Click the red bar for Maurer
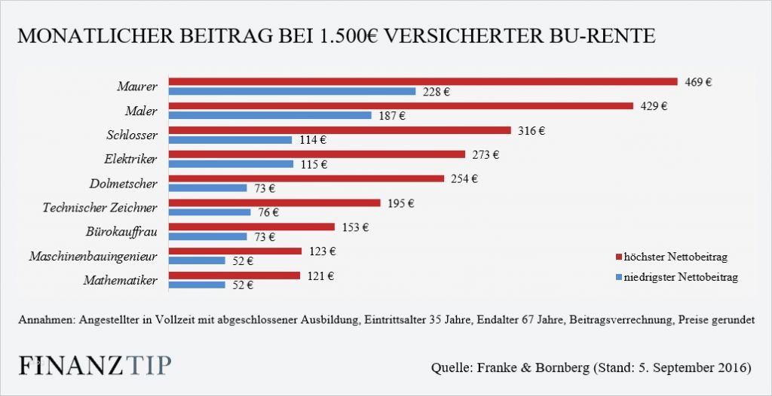423,81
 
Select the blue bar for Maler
270,116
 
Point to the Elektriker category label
130,159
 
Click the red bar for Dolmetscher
306,178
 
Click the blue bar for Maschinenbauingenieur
197,260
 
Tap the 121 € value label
320,276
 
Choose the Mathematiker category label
121,280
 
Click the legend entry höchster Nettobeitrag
673,257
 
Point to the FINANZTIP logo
94,365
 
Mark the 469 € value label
698,81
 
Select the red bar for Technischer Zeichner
274,203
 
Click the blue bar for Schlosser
230,140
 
